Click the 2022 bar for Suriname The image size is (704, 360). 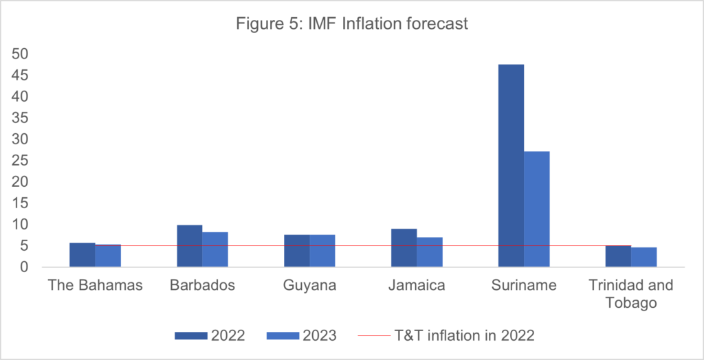(x=511, y=165)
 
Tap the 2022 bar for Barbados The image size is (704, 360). (x=189, y=246)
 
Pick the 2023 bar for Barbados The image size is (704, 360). (x=214, y=249)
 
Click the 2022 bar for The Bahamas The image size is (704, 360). (x=82, y=255)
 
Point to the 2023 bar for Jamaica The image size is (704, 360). (x=430, y=252)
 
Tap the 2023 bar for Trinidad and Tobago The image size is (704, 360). (x=644, y=257)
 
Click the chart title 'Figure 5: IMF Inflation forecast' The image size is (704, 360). (x=351, y=24)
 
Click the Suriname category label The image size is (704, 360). (x=524, y=285)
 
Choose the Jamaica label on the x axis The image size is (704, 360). (x=417, y=285)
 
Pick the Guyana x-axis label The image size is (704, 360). (x=309, y=285)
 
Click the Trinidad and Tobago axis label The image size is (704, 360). (x=631, y=293)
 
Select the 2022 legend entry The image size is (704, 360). (x=210, y=336)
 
